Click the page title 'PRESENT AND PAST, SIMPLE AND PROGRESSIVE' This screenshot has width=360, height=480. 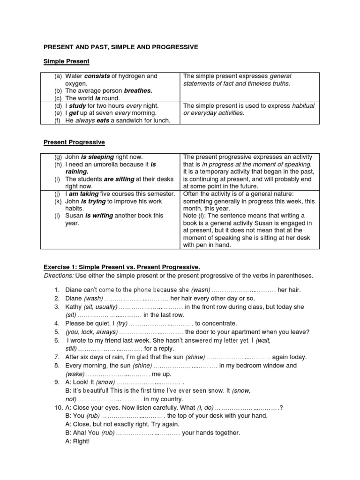[121, 47]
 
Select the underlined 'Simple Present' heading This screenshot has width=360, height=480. [66, 61]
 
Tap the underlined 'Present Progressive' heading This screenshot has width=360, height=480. [74, 142]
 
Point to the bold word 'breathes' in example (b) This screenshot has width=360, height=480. [138, 90]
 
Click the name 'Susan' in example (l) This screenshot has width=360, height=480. [74, 216]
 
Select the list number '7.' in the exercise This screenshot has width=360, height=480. [56, 357]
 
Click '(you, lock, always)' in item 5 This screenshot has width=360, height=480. [90, 332]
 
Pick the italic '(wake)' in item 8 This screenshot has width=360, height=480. [75, 374]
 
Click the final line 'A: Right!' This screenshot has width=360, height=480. [77, 441]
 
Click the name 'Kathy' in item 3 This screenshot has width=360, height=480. [74, 307]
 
